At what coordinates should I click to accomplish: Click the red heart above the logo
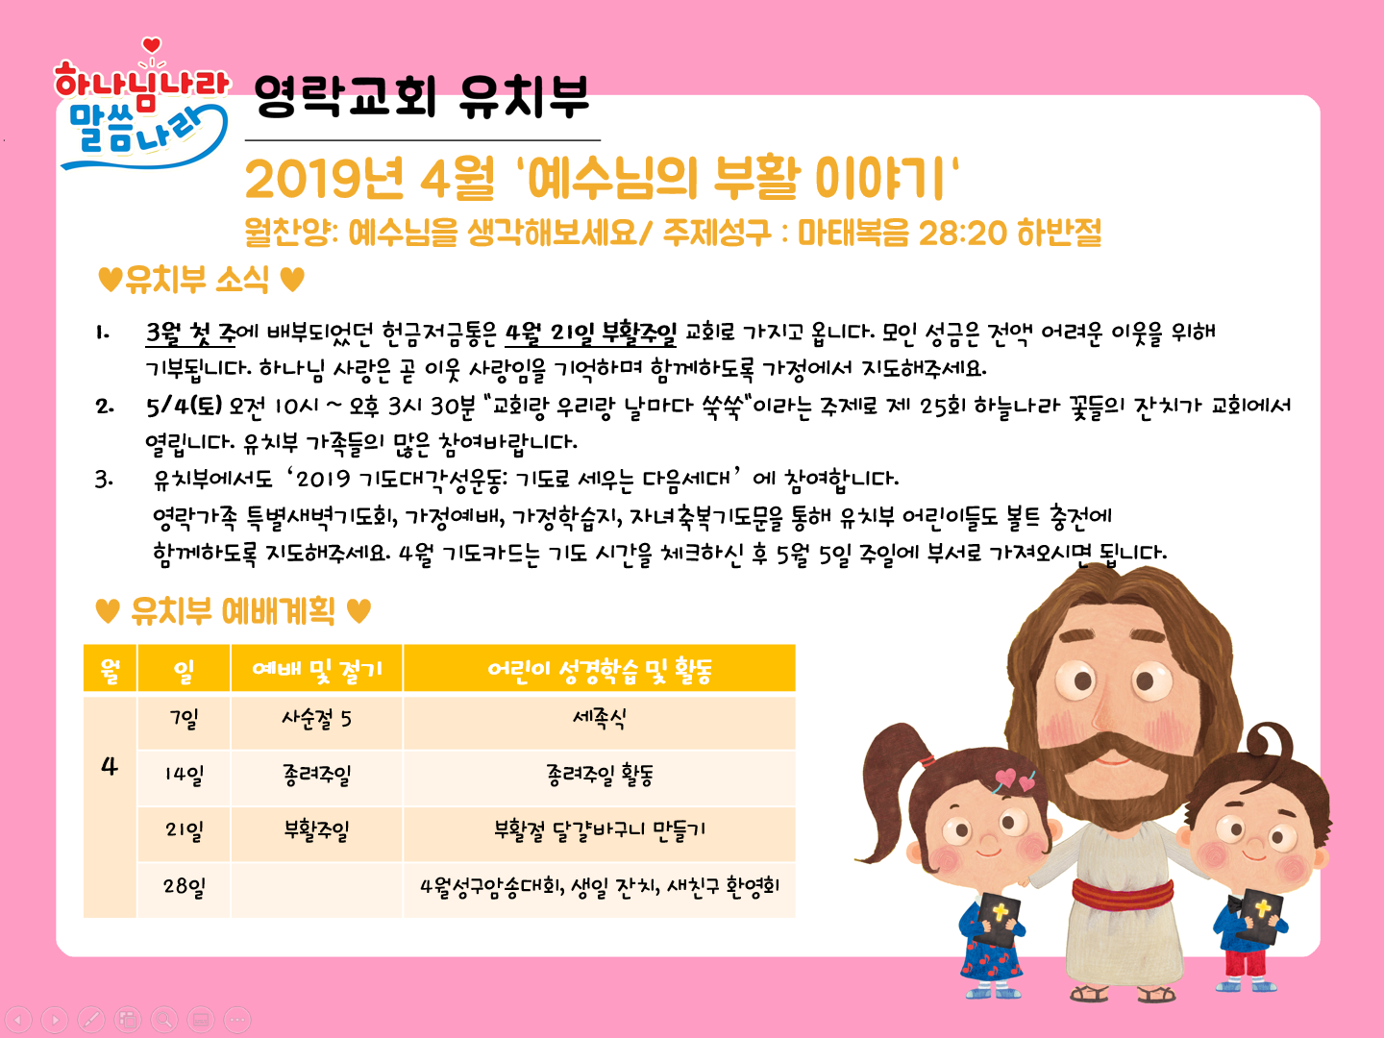coord(151,45)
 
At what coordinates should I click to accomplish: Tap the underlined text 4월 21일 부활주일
coord(591,333)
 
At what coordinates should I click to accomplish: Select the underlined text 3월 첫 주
coord(190,333)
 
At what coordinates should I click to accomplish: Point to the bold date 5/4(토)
coord(185,406)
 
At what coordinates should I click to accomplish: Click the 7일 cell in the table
coord(185,719)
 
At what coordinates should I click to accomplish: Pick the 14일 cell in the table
coord(185,775)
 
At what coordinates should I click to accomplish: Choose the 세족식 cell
coord(599,719)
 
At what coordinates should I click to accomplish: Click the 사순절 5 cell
coord(316,719)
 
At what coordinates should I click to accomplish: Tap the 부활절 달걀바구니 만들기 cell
coord(599,830)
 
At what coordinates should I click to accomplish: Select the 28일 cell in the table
coord(185,887)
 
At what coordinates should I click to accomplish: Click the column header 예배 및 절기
coord(316,669)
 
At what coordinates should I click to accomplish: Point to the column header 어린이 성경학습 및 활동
coord(599,669)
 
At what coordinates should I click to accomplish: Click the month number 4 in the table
coord(109,766)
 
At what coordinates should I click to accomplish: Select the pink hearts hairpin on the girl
coord(1014,780)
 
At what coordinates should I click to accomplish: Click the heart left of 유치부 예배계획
coord(108,611)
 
